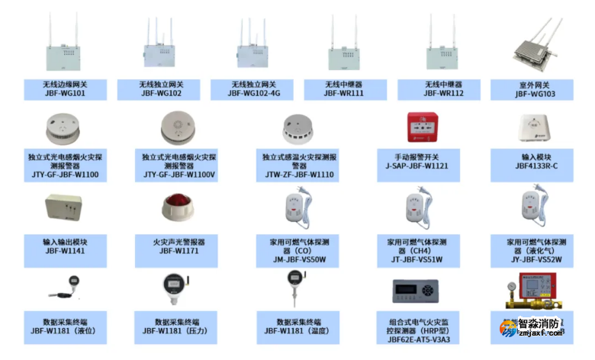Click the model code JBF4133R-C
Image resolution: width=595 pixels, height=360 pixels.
[x=535, y=166]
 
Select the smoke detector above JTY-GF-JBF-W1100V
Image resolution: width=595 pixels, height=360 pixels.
[x=179, y=126]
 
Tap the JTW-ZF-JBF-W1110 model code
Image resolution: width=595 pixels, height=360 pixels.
[x=298, y=175]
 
